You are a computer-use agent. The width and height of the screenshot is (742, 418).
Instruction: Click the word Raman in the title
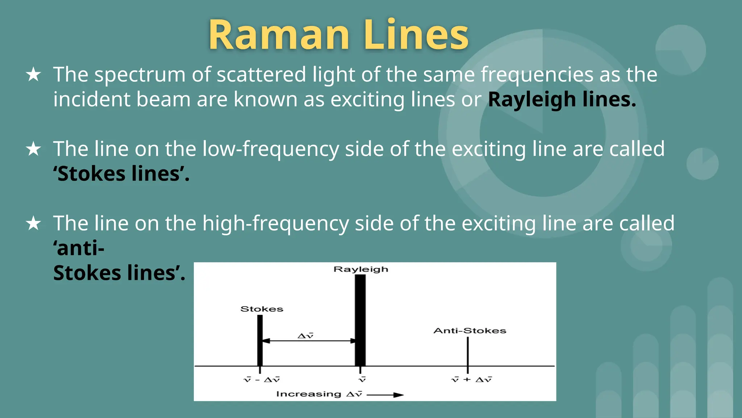coord(279,35)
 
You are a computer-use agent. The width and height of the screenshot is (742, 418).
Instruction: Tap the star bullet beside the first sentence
coord(33,74)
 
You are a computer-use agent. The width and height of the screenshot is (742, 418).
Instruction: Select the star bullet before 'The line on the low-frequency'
coord(33,149)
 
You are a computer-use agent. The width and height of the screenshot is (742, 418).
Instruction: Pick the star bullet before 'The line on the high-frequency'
coord(33,223)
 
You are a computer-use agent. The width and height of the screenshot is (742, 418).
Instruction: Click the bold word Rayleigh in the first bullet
coord(532,99)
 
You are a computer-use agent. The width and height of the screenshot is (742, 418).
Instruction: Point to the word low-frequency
coord(270,149)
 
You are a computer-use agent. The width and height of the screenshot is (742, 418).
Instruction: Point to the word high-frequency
coord(275,223)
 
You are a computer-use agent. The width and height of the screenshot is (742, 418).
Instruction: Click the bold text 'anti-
coord(79,248)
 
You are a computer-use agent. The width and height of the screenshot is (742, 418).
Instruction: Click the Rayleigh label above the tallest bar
coord(361,269)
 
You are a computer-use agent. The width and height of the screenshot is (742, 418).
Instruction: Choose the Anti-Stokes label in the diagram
coord(470,331)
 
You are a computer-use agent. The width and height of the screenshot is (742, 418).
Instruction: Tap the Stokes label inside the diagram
coord(262,309)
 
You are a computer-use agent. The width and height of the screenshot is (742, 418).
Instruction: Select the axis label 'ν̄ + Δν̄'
coord(471,380)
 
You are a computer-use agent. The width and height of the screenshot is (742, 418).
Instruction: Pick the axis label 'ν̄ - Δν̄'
coord(262,380)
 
